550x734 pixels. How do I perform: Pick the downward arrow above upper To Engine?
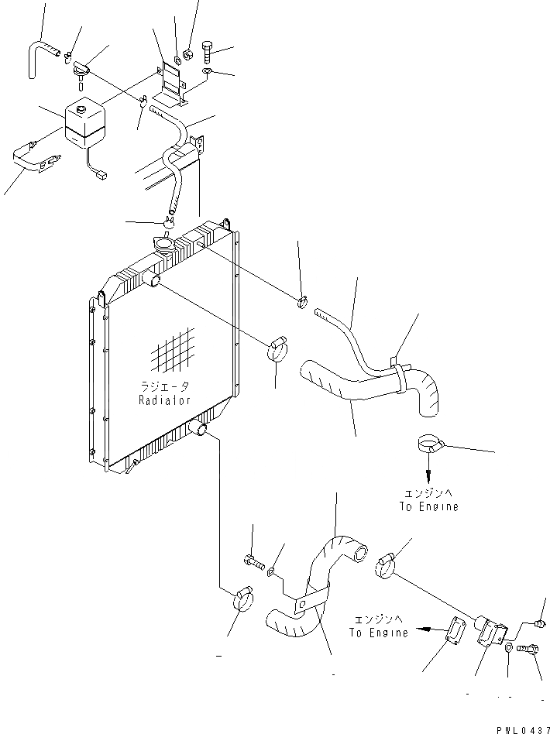click(427, 470)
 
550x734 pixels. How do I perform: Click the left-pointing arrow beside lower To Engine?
click(424, 630)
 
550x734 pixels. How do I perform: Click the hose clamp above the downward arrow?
click(428, 445)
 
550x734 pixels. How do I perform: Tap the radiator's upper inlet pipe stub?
click(153, 280)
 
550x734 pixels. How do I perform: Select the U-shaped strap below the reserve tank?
click(35, 160)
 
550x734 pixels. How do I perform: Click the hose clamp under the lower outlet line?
click(242, 599)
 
